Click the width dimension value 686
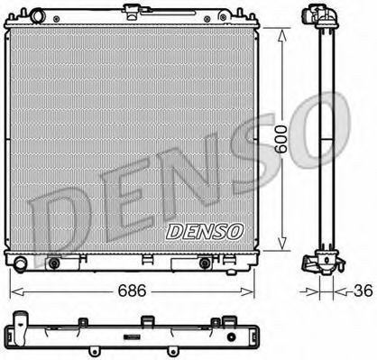(132, 291)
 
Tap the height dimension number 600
(281, 139)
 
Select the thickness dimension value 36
(363, 291)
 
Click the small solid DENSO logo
(205, 232)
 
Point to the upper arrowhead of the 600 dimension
(281, 35)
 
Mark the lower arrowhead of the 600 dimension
(281, 243)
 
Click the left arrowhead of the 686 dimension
(17, 291)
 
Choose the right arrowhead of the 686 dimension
(247, 291)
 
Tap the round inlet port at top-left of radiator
(37, 16)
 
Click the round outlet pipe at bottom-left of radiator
(21, 263)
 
